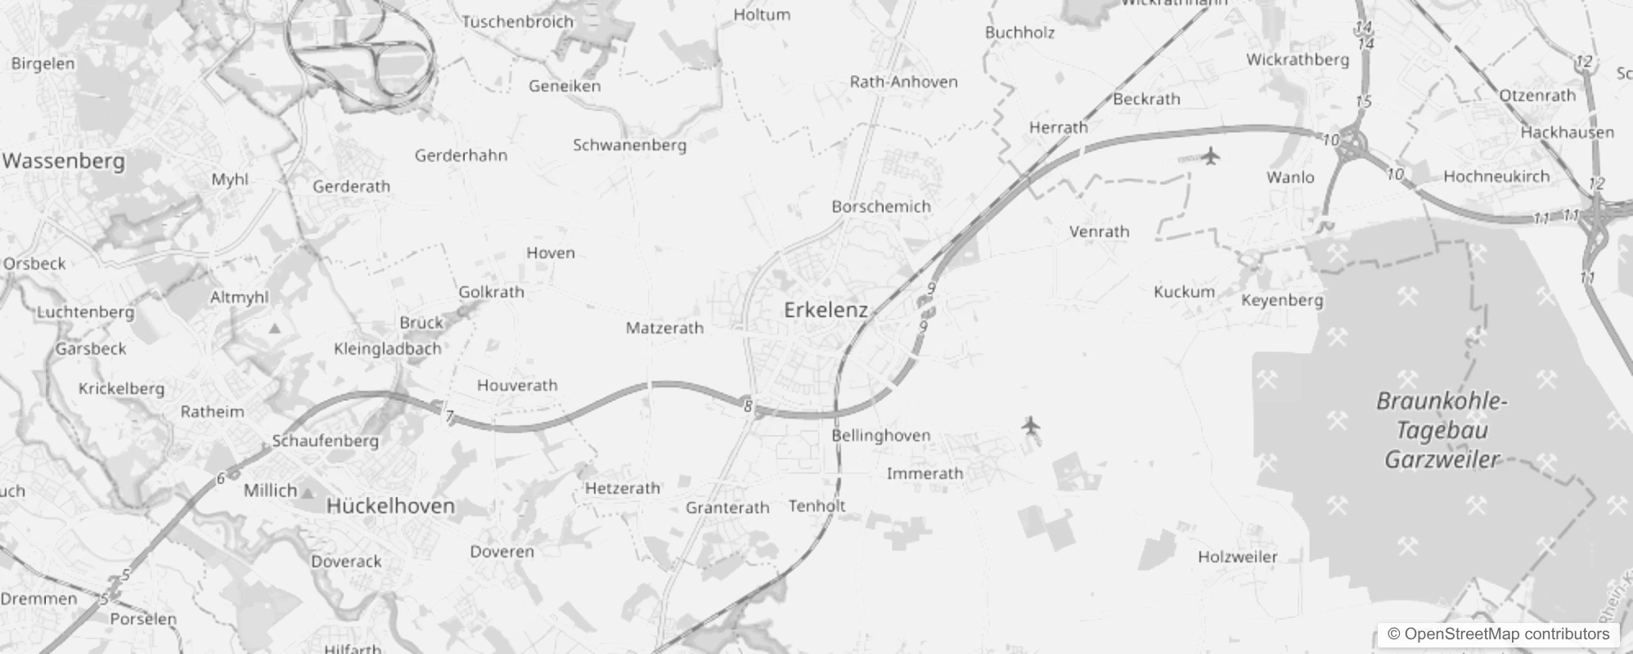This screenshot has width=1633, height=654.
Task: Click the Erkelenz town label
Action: point(825,310)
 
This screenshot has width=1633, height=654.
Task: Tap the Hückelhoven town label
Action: point(390,506)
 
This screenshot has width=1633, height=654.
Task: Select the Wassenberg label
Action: point(64,161)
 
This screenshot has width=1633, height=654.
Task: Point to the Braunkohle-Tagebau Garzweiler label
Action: point(1442,430)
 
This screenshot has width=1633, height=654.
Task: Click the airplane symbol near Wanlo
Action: point(1210,155)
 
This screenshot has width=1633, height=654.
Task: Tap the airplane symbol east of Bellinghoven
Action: point(1031,425)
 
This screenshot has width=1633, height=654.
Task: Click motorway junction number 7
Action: point(449,417)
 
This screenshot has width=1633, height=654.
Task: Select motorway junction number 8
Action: point(748,405)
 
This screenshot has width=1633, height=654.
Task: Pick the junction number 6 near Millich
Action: point(220,479)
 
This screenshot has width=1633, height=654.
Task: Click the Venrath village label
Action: point(1099,232)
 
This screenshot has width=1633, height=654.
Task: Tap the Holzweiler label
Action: point(1237,558)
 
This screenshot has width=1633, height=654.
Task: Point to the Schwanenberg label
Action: point(629,146)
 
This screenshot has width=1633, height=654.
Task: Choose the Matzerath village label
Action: point(664,329)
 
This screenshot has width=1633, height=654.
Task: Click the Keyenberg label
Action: point(1282,300)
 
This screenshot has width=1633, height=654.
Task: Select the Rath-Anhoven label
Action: point(903,82)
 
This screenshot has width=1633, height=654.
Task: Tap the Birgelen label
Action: point(43,64)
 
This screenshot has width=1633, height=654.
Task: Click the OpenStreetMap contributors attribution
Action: point(1498,634)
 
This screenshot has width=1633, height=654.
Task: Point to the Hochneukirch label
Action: point(1496,177)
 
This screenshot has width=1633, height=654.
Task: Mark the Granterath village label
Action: point(727,508)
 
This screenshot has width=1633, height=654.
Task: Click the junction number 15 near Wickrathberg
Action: point(1363,102)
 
